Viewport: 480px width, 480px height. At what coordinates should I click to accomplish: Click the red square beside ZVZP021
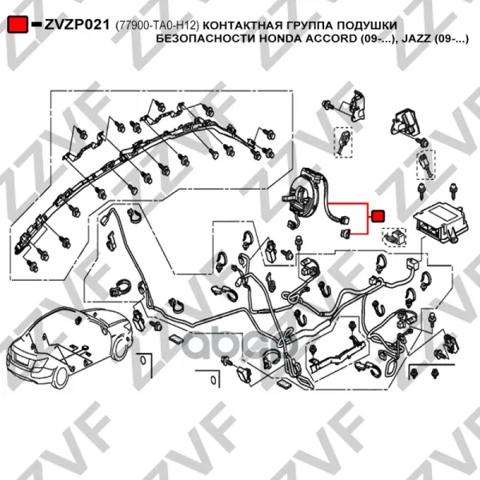click(18, 24)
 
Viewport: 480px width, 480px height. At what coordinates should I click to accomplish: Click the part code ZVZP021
click(77, 25)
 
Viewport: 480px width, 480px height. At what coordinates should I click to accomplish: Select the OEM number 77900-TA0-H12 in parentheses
click(158, 26)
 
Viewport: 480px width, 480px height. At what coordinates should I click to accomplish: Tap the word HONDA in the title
click(281, 39)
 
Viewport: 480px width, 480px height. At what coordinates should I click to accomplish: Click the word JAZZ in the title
click(416, 39)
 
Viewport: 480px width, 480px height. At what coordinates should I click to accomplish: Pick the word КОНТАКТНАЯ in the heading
click(242, 25)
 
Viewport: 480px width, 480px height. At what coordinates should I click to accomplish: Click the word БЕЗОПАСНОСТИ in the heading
click(206, 39)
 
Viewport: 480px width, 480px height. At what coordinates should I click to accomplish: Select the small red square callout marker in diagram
click(378, 217)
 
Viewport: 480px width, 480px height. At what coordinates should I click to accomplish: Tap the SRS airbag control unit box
click(441, 224)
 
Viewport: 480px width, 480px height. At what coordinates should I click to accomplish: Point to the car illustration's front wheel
click(120, 348)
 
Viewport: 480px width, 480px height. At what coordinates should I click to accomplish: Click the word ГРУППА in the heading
click(310, 25)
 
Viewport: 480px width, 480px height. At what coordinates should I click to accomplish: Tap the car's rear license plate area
click(22, 359)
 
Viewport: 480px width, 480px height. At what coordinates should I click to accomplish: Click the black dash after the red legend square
click(36, 24)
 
